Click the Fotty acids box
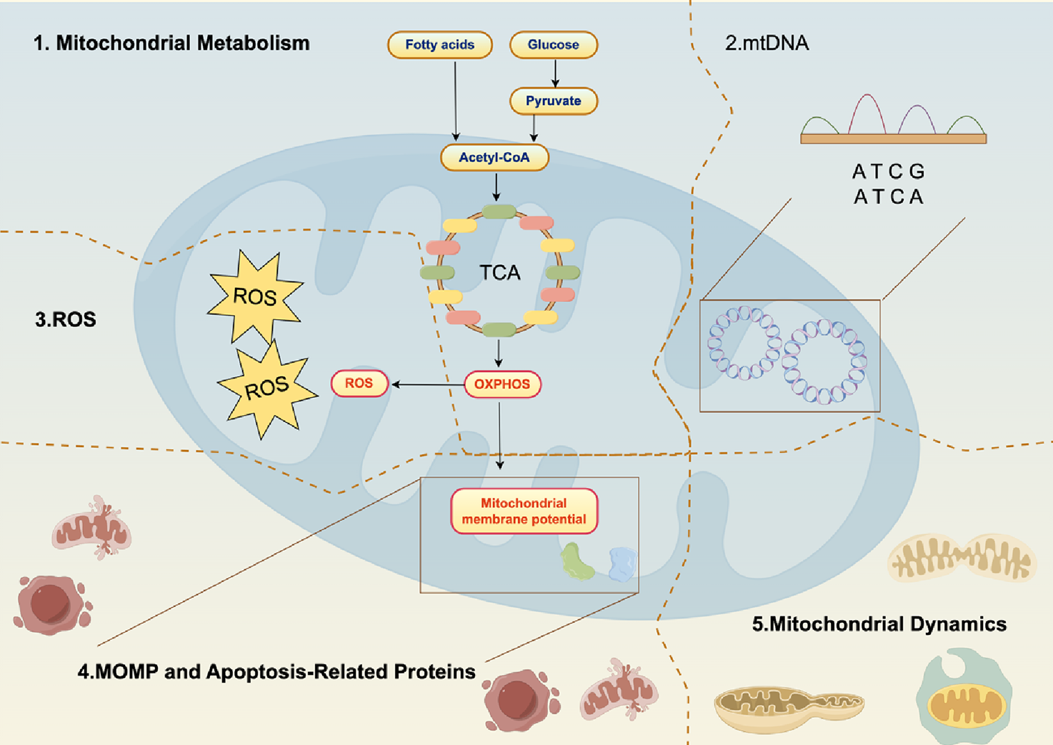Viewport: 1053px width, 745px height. point(439,45)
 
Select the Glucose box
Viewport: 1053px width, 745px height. point(553,45)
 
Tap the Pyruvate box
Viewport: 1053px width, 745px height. point(553,101)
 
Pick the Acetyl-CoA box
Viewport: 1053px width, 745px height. point(494,158)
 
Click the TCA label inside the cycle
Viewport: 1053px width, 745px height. point(499,273)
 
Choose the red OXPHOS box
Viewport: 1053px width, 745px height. point(502,384)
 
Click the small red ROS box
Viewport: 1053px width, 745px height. point(359,384)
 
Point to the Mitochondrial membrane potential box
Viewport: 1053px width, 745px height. point(524,511)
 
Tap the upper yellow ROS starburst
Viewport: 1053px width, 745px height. point(255,296)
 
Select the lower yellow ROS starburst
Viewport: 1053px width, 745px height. point(266,389)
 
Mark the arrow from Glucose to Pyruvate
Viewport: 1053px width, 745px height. point(555,73)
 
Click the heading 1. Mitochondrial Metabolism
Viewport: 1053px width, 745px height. point(171,44)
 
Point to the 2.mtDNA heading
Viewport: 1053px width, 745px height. point(767,44)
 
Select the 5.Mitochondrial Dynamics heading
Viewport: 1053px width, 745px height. point(879,624)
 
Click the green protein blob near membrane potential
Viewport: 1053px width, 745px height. point(577,561)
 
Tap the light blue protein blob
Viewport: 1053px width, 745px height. point(622,564)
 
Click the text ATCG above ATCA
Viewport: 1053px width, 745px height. point(889,172)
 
